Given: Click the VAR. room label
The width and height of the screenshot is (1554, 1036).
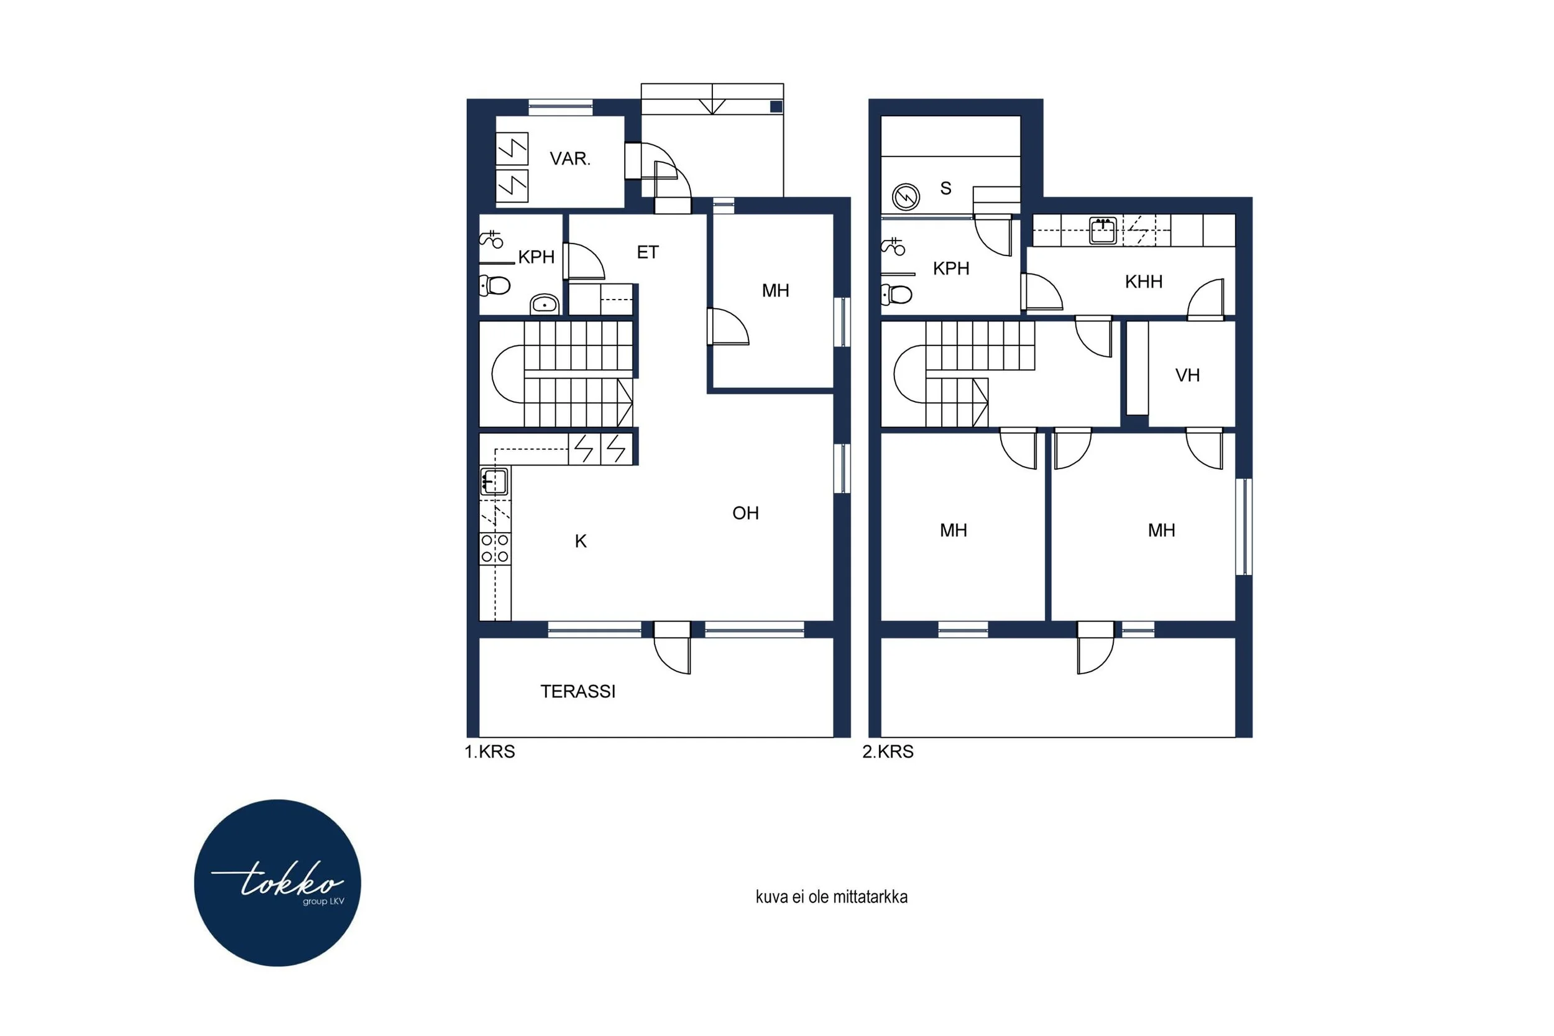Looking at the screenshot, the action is pos(569,158).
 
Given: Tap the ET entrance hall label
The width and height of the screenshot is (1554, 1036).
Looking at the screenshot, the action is pos(648,252).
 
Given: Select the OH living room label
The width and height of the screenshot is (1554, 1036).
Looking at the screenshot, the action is pos(745,513).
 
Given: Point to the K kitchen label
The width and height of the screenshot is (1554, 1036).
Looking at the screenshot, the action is pos(581,541).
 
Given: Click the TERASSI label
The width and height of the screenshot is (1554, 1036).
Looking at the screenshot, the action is pos(578,691).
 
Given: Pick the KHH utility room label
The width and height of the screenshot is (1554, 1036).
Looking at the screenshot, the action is pos(1144,282).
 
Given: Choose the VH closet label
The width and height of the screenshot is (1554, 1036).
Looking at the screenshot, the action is pos(1187,375).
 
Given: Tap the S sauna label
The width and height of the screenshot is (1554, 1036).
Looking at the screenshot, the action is pos(945,188).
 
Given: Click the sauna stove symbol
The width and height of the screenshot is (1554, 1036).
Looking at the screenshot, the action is pos(906,197).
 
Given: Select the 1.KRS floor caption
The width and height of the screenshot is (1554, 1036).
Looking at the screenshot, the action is pos(490,751).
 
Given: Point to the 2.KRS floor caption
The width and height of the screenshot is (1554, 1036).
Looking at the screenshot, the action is pos(888,751).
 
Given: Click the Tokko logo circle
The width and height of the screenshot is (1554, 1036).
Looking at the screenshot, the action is pos(277,882).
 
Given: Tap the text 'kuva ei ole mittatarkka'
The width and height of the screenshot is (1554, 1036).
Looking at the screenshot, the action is pos(831,897).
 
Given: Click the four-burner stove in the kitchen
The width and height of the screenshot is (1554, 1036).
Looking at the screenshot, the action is pos(495,548).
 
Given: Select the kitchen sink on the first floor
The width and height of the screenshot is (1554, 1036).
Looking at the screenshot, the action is pos(494,482).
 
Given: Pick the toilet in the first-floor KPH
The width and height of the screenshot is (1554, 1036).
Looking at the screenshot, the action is pos(495,285).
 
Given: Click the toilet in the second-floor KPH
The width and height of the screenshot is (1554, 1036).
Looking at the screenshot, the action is pos(896,295).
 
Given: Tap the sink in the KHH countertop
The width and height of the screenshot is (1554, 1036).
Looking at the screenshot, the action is pos(1103,231).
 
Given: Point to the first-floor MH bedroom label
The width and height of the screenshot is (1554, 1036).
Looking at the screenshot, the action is pos(775,291).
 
